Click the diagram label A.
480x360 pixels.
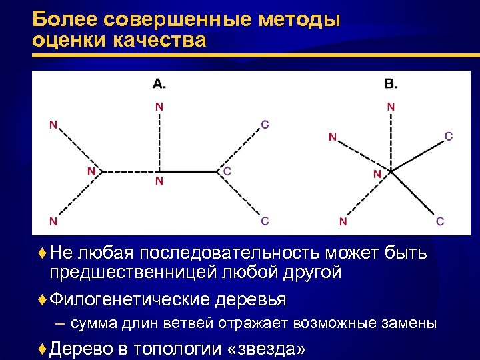(159, 83)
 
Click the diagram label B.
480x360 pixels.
(391, 83)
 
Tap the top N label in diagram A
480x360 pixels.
(159, 106)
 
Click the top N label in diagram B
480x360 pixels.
(391, 106)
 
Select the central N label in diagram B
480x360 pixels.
(377, 174)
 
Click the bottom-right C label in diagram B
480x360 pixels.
(440, 221)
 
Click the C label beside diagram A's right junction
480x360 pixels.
(227, 171)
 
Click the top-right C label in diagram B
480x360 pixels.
(449, 137)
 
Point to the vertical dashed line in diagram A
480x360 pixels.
(159, 140)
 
